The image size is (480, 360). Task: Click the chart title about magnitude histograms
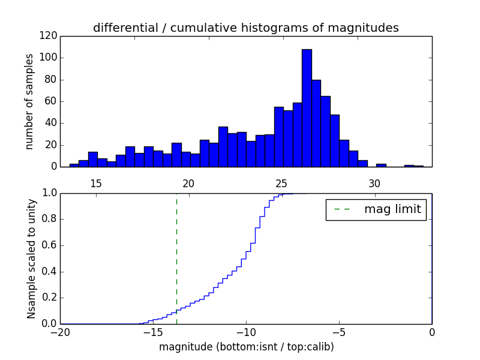pos(245,28)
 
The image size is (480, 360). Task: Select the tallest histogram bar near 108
pos(307,108)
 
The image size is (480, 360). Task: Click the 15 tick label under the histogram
pos(96,183)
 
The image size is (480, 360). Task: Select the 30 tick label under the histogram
pos(374,183)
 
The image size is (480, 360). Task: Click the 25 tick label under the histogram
pos(281,183)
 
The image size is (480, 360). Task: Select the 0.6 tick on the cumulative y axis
pos(48,245)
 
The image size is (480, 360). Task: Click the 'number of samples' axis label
pos(29,101)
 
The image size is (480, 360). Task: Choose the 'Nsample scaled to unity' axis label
pos(31,259)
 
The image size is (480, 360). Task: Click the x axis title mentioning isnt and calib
pos(246,347)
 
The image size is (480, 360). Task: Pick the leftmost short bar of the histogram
pos(74,165)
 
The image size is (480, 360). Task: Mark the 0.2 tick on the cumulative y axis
pos(48,298)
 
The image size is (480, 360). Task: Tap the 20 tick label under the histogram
pos(188,183)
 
